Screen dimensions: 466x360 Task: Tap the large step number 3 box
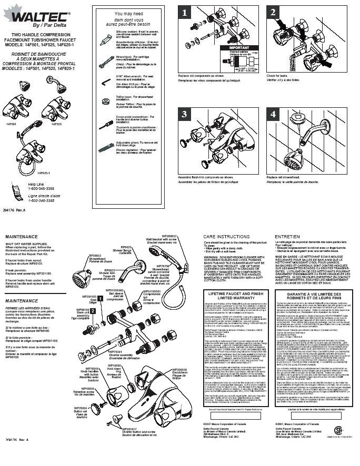pyautogui.click(x=185, y=114)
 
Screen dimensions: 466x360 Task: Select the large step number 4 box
pyautogui.click(x=273, y=114)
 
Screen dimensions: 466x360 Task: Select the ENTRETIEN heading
pyautogui.click(x=287, y=237)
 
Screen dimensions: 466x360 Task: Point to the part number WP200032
pyautogui.click(x=170, y=237)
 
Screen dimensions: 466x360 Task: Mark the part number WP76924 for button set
pyautogui.click(x=79, y=407)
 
